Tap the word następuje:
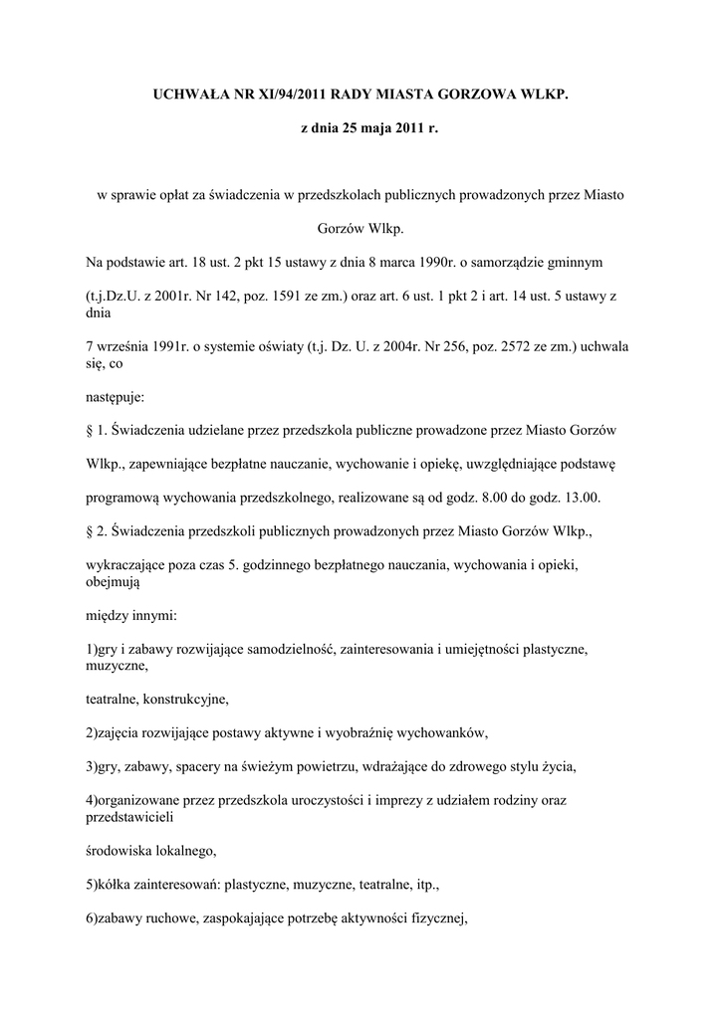[x=116, y=396]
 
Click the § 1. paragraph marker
[x=97, y=430]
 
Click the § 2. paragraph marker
[x=97, y=531]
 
